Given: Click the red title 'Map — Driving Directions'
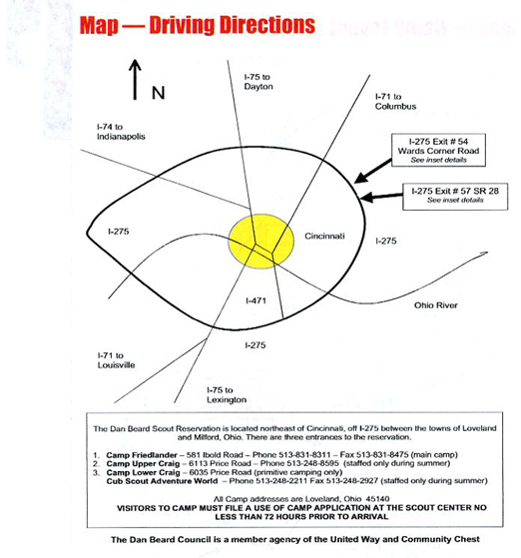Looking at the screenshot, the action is coord(198,25).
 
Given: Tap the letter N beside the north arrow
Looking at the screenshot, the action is coord(159,93).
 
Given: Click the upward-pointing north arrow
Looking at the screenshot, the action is coord(135,80).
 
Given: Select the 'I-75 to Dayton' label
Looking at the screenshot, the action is coord(259,82).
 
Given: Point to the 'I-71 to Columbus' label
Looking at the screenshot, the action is coord(395,102).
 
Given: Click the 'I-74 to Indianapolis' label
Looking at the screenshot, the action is coord(121,132).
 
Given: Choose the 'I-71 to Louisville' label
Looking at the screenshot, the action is coord(116,360).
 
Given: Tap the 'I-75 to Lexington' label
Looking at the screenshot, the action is coord(227,395).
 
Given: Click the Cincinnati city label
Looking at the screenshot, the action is coord(324,236).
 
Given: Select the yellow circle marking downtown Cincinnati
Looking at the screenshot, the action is coord(261,242).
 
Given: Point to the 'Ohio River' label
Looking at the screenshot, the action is coord(435,305).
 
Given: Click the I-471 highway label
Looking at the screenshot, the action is coord(256,300).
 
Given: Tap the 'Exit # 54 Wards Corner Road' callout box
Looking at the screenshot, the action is coord(438,150).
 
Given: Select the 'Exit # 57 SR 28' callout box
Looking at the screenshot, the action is coord(455,197).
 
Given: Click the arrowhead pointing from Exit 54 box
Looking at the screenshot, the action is coord(361,178).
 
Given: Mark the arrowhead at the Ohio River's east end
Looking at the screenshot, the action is coord(484,253).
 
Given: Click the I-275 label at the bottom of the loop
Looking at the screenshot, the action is coord(256,344).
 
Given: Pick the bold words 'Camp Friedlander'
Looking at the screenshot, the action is coord(142,455).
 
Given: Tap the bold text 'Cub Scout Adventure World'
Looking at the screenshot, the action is coord(162,481).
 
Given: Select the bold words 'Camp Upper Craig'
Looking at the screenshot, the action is coord(143,464).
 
